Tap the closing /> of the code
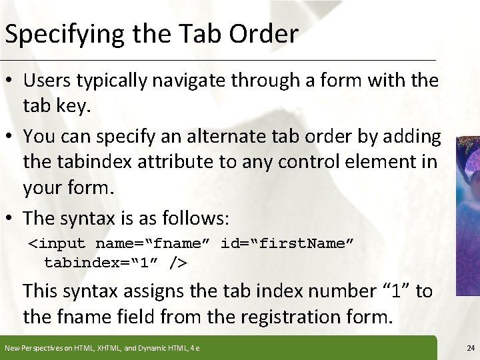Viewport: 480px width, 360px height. pyautogui.click(x=178, y=263)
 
